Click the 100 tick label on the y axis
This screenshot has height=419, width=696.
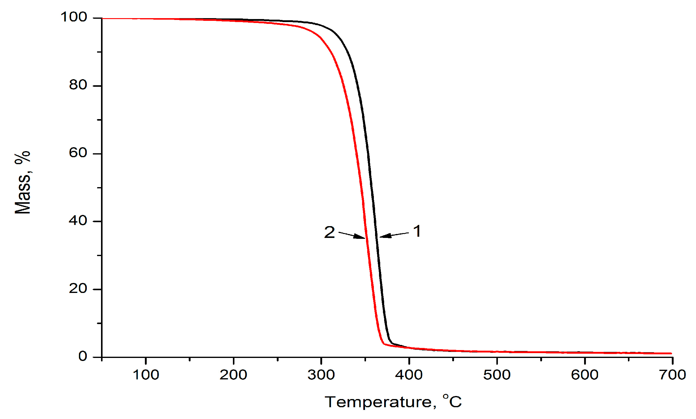click(74, 17)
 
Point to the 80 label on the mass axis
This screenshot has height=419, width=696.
click(78, 85)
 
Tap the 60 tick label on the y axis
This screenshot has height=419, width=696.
click(78, 153)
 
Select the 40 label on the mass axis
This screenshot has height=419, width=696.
click(78, 221)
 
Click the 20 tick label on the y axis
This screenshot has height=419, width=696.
click(78, 288)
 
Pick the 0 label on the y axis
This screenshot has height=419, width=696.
click(83, 356)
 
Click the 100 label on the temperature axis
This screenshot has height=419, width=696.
click(146, 375)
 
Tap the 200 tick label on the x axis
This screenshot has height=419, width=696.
click(233, 375)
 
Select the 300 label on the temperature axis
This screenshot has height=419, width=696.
click(321, 375)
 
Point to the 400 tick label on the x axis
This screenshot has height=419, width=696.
click(409, 375)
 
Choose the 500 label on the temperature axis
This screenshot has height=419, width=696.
click(497, 375)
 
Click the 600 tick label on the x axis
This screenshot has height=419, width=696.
click(584, 375)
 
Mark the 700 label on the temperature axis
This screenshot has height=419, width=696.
click(672, 375)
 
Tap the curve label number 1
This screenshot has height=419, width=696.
click(417, 231)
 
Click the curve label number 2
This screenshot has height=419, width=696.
click(329, 232)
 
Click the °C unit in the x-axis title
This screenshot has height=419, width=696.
click(452, 401)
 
